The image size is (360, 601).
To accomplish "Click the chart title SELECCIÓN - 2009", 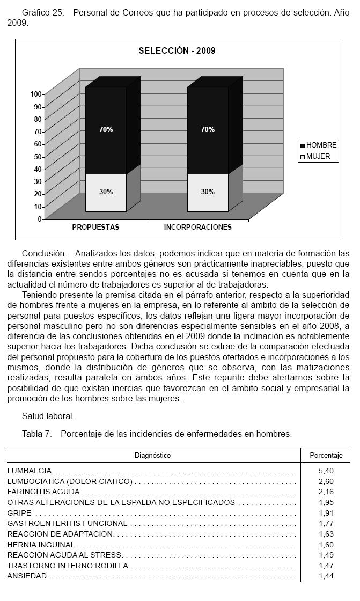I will click(177, 51).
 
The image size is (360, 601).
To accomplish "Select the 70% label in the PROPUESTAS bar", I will click(106, 129).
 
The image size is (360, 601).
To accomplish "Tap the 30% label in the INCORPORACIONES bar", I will click(208, 192).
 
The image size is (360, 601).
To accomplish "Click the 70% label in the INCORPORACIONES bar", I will click(208, 129).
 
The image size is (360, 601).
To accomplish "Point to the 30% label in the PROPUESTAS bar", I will click(106, 192).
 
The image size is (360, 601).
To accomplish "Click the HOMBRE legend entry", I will click(321, 145).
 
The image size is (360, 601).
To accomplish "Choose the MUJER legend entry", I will click(318, 157).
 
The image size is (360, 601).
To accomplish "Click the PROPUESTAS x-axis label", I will click(95, 227).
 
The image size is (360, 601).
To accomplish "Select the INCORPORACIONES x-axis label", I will click(197, 227).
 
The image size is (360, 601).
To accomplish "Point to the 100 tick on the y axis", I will click(36, 94).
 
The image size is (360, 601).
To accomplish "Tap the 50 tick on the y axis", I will click(38, 157).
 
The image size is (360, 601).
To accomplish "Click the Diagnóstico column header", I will click(152, 455).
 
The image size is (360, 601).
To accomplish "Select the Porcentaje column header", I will click(326, 455).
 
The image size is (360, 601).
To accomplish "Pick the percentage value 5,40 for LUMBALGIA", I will click(326, 471).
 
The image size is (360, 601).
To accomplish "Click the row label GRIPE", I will click(19, 513).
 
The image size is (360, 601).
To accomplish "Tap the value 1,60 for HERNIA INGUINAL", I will click(326, 545).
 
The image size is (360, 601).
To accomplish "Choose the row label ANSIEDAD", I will click(27, 576).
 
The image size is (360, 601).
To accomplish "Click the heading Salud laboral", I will click(48, 416).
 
